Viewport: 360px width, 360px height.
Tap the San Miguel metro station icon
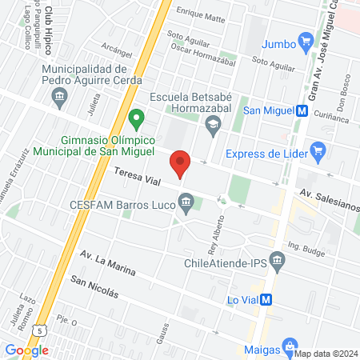tap(303, 111)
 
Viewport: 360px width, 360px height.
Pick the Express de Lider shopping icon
tap(318, 149)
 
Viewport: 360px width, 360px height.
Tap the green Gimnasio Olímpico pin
tap(136, 120)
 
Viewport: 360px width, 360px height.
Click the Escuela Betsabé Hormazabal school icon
tap(213, 123)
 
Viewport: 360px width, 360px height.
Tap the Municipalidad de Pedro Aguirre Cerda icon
tap(59, 98)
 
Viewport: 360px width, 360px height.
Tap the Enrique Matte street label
tap(201, 14)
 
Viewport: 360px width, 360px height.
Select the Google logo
tap(26, 349)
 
